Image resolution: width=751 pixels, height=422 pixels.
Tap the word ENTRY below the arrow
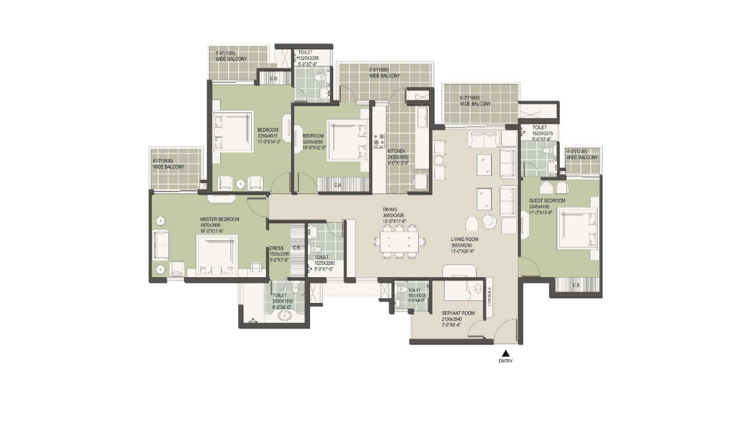tap(506, 361)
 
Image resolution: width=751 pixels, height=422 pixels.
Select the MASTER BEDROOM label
tap(219, 219)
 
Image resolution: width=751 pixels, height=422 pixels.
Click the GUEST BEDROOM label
tap(547, 201)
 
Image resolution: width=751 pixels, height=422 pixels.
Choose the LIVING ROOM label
tap(465, 239)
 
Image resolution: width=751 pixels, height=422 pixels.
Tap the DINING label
tap(390, 209)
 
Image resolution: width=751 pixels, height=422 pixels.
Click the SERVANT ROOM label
tap(458, 314)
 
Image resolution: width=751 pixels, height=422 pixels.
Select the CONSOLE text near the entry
tap(489, 295)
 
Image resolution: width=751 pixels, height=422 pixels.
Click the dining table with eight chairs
tap(400, 241)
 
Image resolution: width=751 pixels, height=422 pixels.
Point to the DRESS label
tap(276, 248)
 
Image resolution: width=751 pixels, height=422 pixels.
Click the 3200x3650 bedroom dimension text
tap(314, 141)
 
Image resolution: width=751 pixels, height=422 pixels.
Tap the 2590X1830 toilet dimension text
tap(283, 301)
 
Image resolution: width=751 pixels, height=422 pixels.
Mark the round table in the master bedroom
tap(160, 221)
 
